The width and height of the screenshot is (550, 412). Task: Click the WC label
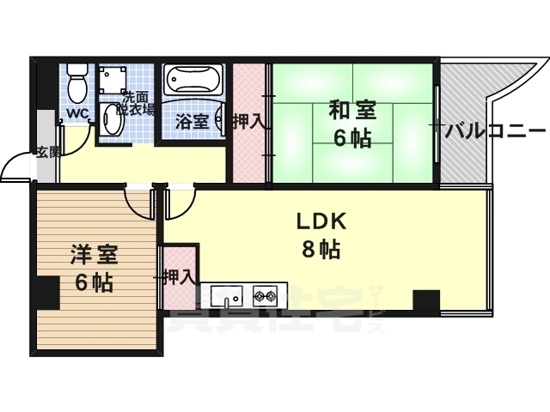(76, 113)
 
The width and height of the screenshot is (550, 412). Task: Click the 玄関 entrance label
(48, 153)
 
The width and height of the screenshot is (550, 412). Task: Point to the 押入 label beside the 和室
(248, 121)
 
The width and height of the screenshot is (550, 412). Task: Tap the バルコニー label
(495, 130)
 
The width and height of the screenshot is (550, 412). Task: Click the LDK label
(321, 221)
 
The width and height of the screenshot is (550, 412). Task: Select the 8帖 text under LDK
(321, 250)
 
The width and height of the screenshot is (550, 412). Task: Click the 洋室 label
(94, 255)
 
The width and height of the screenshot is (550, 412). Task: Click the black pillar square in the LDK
(426, 303)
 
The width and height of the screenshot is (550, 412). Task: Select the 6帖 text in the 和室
(353, 138)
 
